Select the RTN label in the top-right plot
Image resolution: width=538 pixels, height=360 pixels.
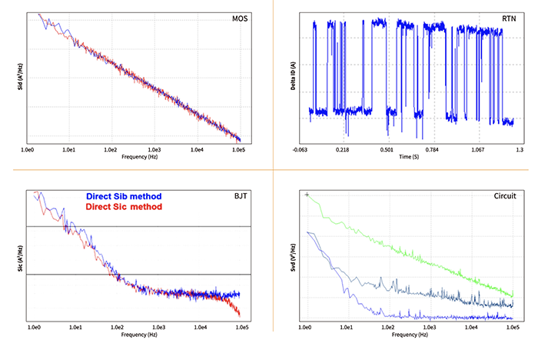[509, 18]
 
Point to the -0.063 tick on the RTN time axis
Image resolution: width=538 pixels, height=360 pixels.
[299, 149]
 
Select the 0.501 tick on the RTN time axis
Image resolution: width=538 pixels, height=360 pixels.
[387, 149]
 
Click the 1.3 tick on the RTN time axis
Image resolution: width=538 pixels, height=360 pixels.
[520, 149]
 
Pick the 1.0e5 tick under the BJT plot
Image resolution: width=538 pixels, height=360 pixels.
[242, 328]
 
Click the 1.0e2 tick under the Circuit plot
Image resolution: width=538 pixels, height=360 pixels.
[387, 328]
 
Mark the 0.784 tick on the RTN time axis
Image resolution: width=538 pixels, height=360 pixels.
[431, 149]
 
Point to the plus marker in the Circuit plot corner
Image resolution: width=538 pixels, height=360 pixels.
[307, 195]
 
